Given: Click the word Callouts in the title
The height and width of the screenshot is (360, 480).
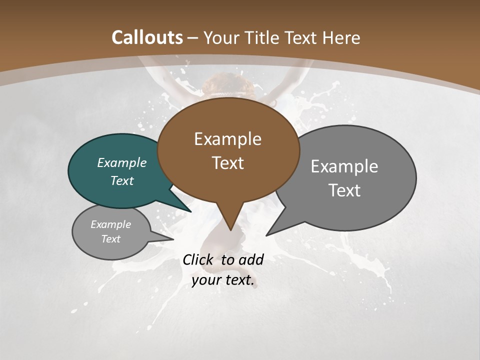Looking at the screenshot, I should [x=147, y=37].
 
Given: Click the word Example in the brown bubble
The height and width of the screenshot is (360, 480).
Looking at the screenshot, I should [x=227, y=139].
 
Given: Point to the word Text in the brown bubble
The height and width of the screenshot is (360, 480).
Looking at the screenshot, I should [x=227, y=163].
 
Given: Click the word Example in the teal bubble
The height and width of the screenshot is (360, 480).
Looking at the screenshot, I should [x=122, y=162].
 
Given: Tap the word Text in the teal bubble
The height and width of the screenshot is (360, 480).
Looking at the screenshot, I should [x=122, y=180].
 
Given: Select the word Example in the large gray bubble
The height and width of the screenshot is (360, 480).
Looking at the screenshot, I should [x=344, y=166].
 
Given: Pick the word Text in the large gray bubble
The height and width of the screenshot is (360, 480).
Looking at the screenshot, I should [x=344, y=190].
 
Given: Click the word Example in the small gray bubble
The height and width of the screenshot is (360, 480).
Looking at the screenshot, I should [x=111, y=224].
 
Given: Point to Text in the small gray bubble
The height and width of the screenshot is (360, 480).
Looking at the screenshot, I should [x=111, y=239].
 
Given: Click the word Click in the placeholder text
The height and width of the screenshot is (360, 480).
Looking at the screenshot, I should [x=198, y=259].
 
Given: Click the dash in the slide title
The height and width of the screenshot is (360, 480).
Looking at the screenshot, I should [x=193, y=38].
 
